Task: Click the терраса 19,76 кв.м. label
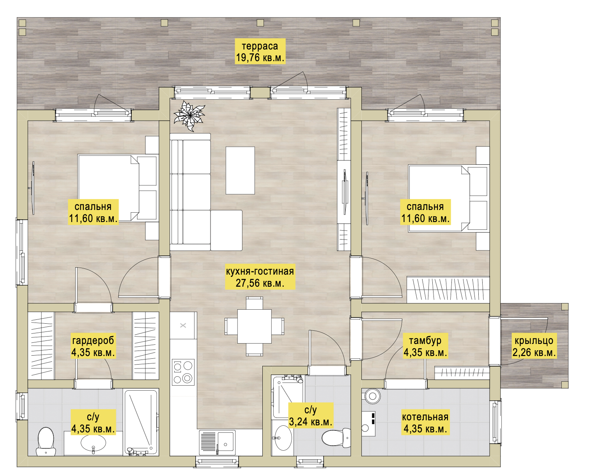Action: (260, 51)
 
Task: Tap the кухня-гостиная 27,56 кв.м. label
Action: (260, 277)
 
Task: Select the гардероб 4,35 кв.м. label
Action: (93, 346)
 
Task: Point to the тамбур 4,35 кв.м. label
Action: (425, 346)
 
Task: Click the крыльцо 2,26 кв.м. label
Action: (534, 346)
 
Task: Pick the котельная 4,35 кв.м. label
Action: (425, 422)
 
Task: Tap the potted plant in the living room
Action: (189, 116)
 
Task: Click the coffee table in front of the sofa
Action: (240, 170)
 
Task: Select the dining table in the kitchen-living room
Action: (255, 326)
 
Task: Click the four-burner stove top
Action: (183, 372)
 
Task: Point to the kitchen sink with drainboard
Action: (217, 442)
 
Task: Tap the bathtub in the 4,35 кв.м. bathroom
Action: (141, 422)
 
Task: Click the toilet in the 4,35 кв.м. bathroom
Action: (46, 441)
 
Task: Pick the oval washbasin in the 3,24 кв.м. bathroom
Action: (283, 437)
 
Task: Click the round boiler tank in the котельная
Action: (372, 396)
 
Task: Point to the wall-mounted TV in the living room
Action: (345, 192)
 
